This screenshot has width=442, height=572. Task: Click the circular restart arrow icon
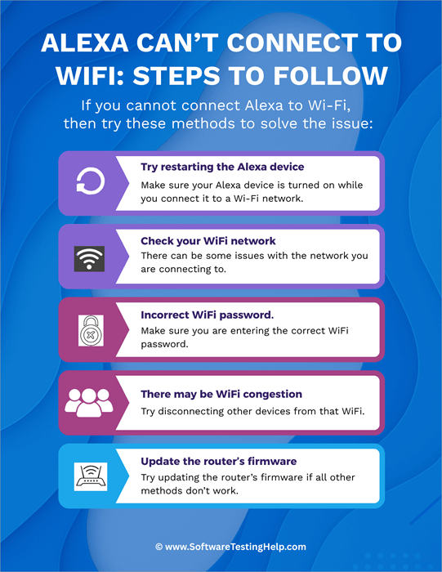[86, 182]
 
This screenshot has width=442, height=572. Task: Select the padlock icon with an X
[87, 331]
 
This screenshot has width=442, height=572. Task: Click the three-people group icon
[87, 402]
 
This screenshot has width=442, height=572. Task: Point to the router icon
[87, 476]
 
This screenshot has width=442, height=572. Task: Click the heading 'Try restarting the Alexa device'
[222, 168]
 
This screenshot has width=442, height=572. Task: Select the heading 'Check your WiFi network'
[208, 241]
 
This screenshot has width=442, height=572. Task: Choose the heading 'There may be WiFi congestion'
[221, 394]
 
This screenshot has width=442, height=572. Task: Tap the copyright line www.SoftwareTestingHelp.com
[221, 547]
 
